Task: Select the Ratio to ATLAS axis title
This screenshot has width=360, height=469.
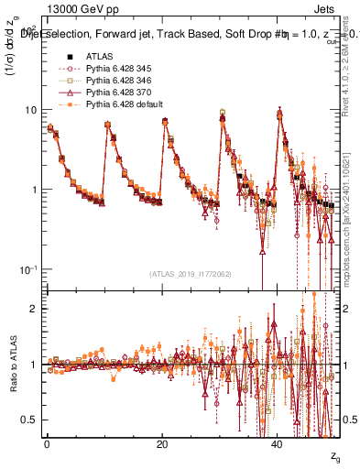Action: pos(12,365)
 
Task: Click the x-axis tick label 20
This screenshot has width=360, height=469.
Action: pos(161,442)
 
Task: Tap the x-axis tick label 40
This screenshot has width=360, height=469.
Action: pos(278,442)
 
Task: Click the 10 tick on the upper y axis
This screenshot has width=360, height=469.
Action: pos(30,110)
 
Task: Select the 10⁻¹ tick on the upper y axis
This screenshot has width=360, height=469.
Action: pos(27,268)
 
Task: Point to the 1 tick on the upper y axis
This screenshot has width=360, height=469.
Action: pos(33,190)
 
